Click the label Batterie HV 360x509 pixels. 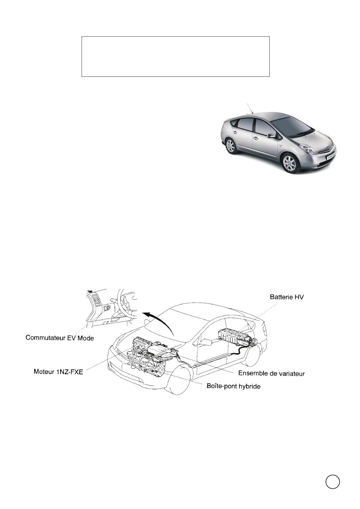287,297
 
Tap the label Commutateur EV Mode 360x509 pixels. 60,338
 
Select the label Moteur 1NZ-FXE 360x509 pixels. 58,372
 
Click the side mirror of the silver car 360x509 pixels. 271,135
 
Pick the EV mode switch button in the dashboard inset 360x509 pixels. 107,308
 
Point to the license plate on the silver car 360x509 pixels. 330,157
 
